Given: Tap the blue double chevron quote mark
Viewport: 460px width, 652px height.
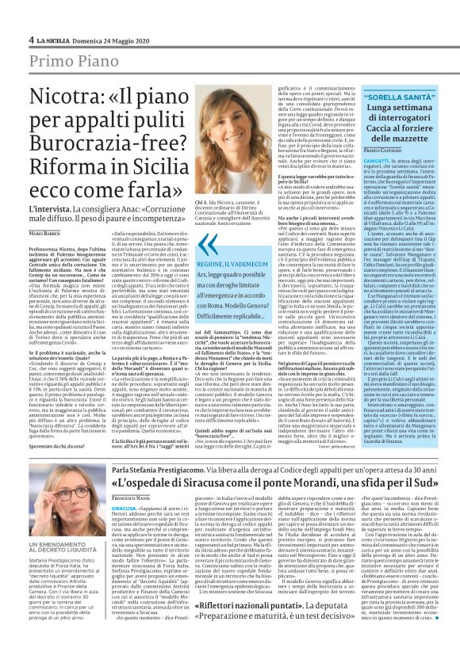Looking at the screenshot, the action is click(209, 245).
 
